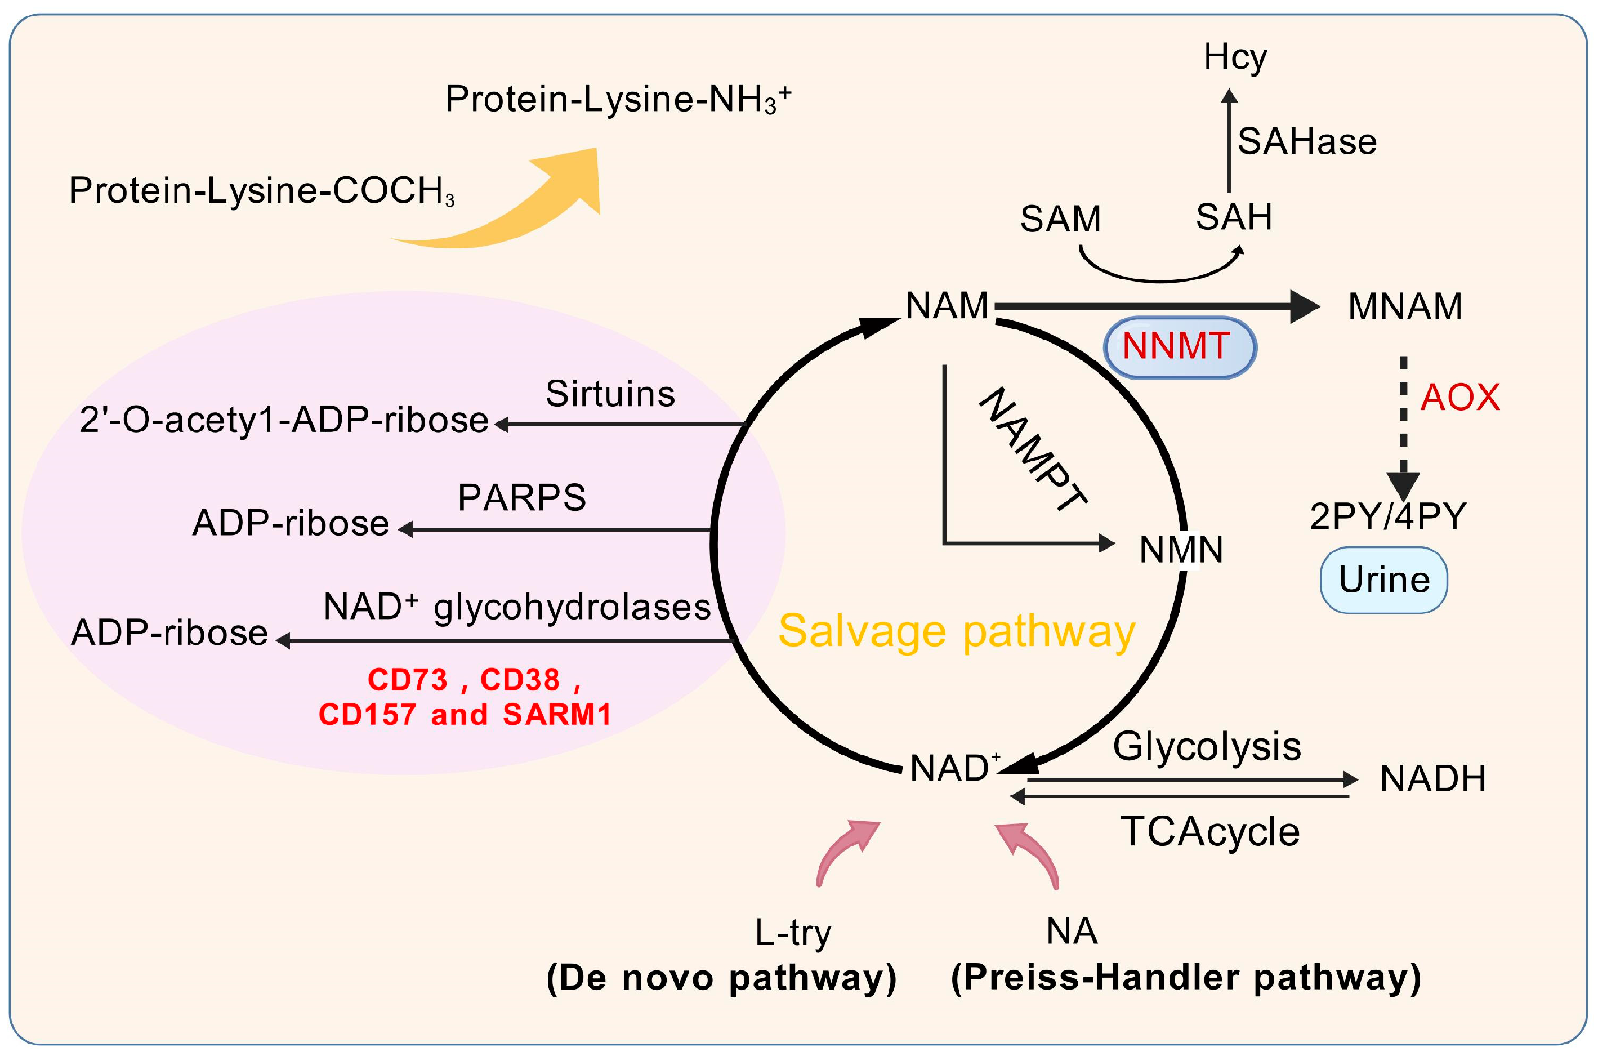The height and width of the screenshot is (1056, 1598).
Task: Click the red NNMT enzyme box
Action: pos(1179,347)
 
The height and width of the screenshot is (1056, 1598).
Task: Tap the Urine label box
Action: pos(1383,580)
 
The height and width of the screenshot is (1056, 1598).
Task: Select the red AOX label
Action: pos(1459,398)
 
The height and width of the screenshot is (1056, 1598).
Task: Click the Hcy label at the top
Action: pos(1235,57)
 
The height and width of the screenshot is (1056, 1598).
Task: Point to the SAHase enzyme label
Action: pos(1306,142)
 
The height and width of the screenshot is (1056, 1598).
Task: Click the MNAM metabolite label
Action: pos(1405,306)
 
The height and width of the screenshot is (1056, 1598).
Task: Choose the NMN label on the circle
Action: pos(1181,550)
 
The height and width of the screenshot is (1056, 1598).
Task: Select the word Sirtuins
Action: pos(610,394)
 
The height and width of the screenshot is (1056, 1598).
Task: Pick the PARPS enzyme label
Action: pos(521,498)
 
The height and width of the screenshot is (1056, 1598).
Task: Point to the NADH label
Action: pos(1432,779)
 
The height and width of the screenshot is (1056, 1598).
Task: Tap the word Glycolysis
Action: pos(1207,746)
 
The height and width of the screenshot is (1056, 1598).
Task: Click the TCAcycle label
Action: pos(1209,832)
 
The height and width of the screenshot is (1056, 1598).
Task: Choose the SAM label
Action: pos(1060,219)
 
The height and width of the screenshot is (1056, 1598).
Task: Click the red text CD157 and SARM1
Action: pos(465,715)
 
